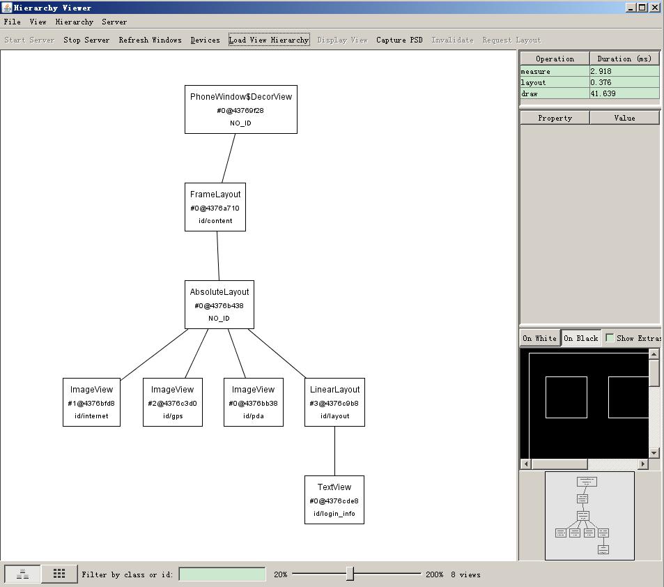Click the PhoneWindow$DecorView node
tap(240, 109)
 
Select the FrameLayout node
tap(215, 207)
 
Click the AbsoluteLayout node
tap(219, 305)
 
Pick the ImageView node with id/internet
tap(91, 402)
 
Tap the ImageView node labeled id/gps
tap(173, 402)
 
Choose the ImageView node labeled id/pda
tap(254, 402)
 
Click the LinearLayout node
tap(334, 402)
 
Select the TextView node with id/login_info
tap(334, 500)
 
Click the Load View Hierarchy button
tap(268, 40)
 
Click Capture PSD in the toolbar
tap(399, 40)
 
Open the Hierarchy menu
tap(74, 22)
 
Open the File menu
tap(12, 22)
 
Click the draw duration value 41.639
tap(624, 93)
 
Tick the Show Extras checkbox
tap(610, 338)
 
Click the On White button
tap(539, 338)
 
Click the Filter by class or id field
tap(222, 574)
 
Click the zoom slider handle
tap(350, 574)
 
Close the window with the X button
tap(654, 7)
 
